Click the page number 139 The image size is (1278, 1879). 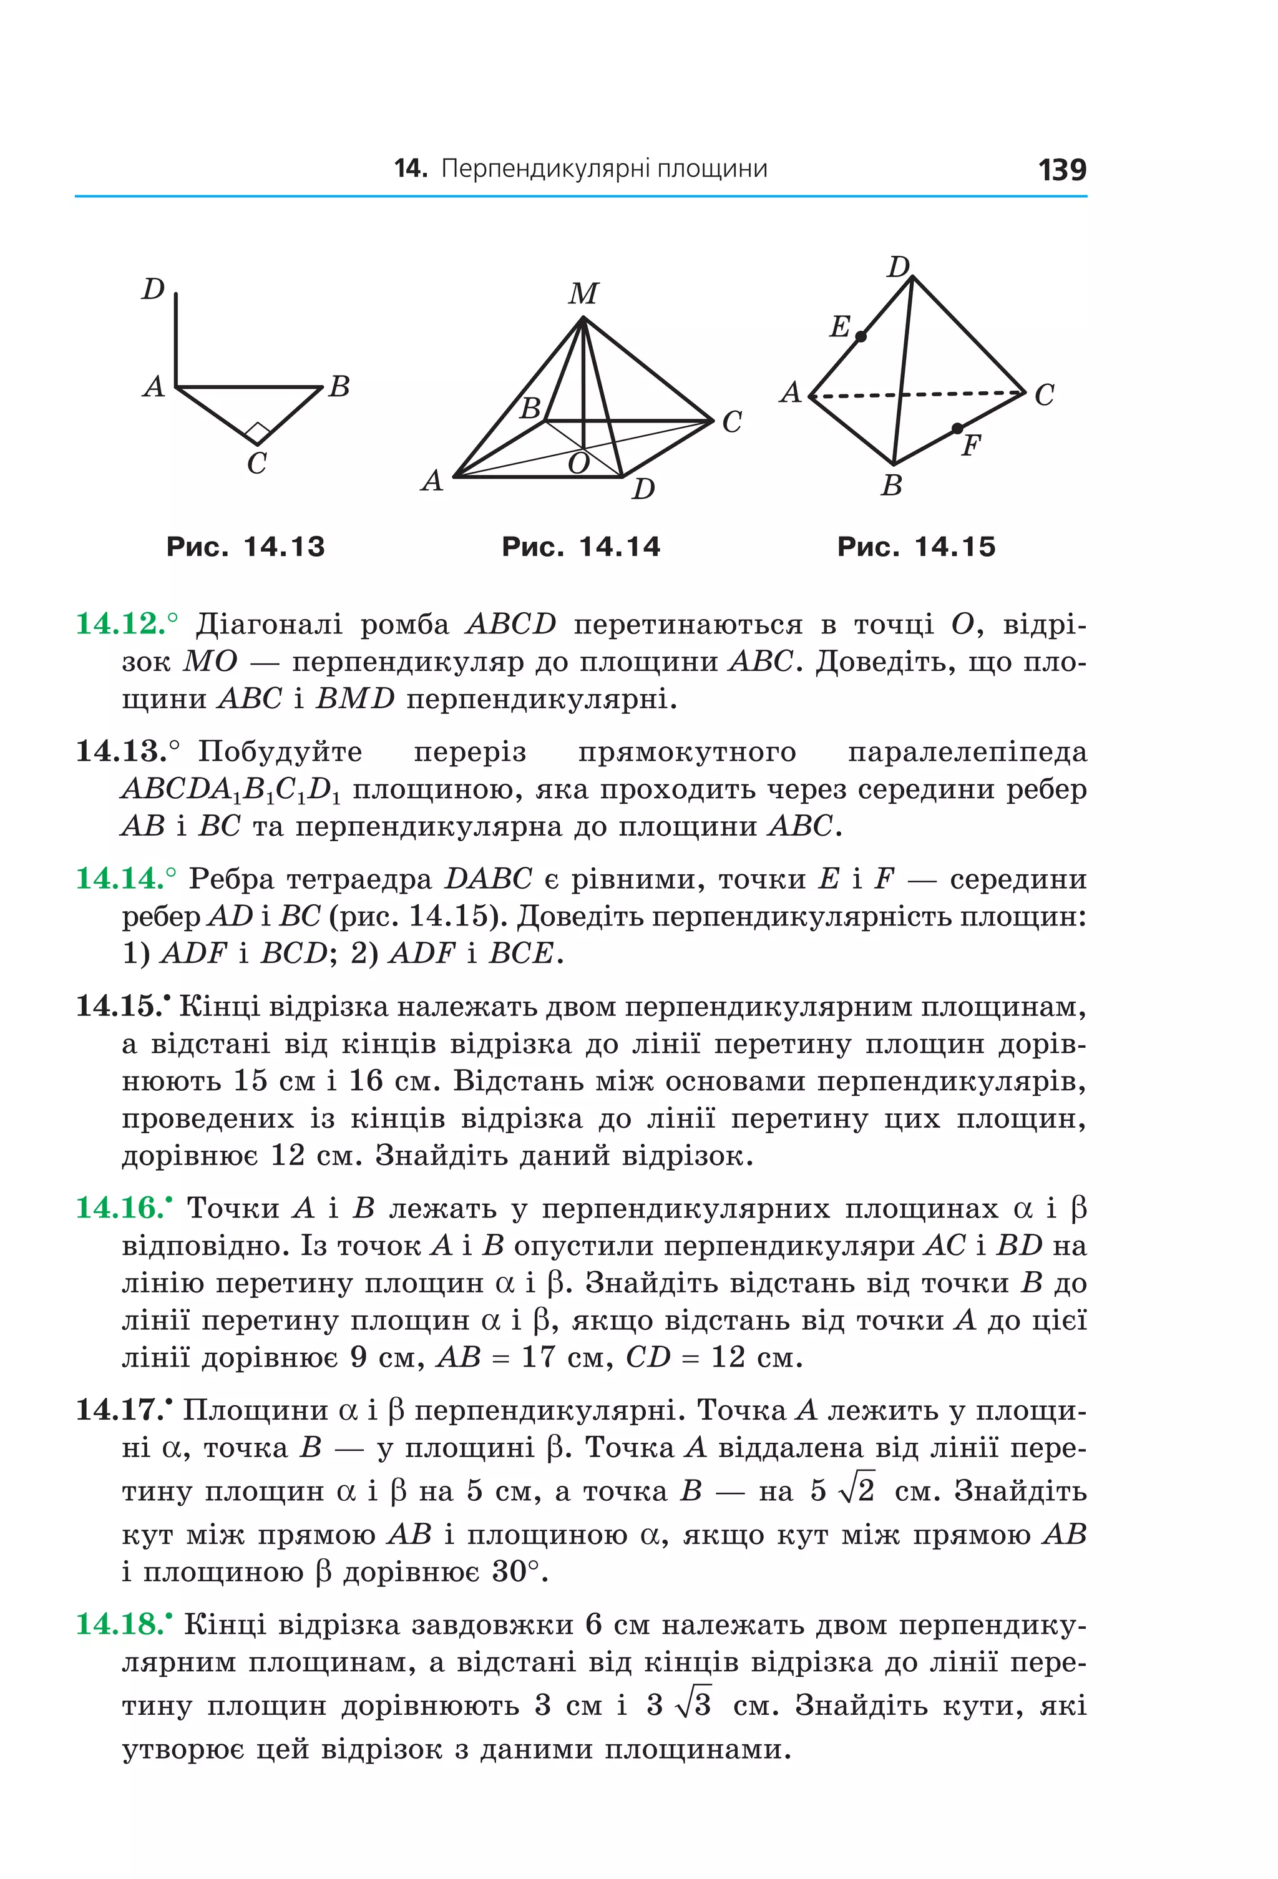click(1061, 170)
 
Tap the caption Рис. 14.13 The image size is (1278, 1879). click(245, 547)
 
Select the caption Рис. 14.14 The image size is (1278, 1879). click(580, 547)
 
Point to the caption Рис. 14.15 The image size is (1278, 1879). click(916, 547)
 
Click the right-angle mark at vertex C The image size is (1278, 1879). click(257, 433)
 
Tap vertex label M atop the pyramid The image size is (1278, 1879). click(583, 293)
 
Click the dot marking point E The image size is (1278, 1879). click(861, 336)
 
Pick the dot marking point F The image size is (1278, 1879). click(957, 427)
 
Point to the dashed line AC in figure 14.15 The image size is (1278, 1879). click(954, 394)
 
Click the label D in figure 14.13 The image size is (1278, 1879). click(153, 289)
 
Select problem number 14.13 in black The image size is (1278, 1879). click(121, 751)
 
